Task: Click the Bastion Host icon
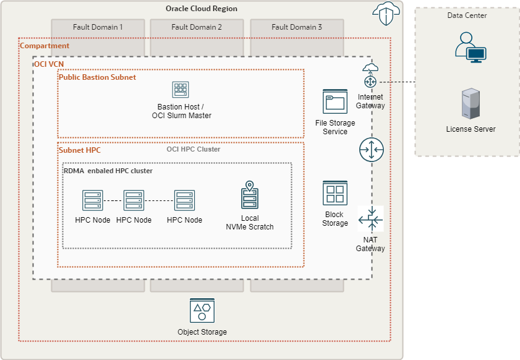(x=181, y=90)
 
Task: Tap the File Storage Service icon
(x=335, y=102)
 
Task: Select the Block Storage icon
(x=335, y=193)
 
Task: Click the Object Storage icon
(x=202, y=311)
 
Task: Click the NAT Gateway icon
(x=371, y=219)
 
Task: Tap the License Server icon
(x=471, y=104)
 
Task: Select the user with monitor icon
(x=471, y=46)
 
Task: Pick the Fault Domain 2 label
(x=197, y=27)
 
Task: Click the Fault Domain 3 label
(x=297, y=27)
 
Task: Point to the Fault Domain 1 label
(x=98, y=27)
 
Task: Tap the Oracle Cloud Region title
(x=202, y=9)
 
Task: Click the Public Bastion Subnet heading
(x=97, y=77)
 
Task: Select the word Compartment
(x=45, y=46)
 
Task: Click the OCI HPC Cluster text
(x=193, y=149)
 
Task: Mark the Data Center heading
(x=467, y=15)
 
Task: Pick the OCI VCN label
(x=49, y=64)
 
